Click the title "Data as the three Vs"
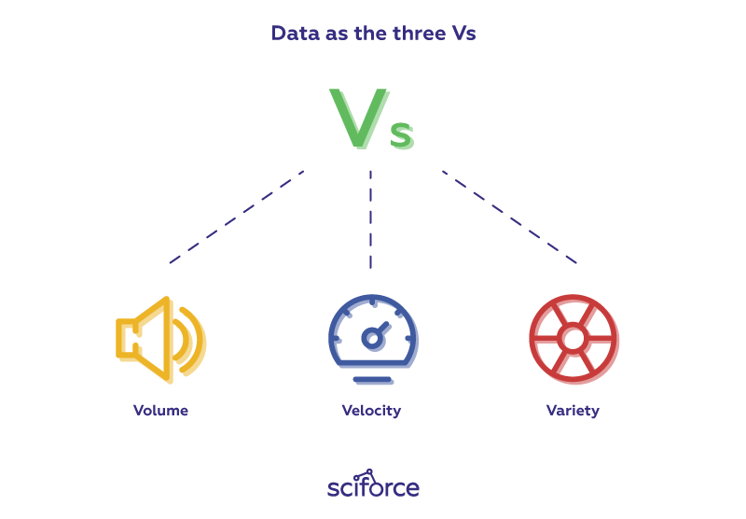(x=373, y=34)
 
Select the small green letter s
(x=401, y=134)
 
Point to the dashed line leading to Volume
(x=237, y=217)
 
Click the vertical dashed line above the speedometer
(x=371, y=220)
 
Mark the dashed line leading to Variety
(x=509, y=217)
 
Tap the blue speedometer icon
(x=372, y=336)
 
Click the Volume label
(x=160, y=411)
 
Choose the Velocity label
(x=371, y=411)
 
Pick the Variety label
(x=573, y=411)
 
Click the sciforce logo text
(x=373, y=488)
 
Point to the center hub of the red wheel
(x=572, y=337)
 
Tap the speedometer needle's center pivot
(x=371, y=338)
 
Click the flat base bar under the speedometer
(x=372, y=379)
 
